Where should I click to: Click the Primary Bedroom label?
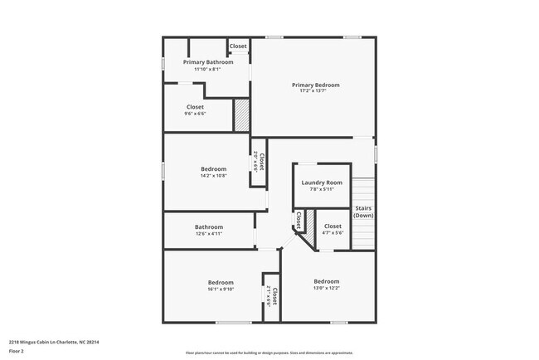[315, 85]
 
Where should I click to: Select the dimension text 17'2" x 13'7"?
[315, 91]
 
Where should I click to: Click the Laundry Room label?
[322, 182]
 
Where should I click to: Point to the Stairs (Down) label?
[363, 212]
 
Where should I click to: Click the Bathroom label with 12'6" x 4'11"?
[208, 227]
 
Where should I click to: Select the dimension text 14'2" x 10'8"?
[213, 176]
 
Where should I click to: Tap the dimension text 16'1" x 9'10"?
[221, 289]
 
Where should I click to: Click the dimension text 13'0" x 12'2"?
[326, 289]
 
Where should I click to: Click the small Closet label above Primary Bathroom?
[238, 46]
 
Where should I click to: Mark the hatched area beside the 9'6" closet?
[240, 114]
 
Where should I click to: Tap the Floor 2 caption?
[17, 349]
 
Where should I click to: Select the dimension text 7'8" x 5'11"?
[322, 189]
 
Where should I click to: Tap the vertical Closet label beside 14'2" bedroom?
[260, 161]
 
